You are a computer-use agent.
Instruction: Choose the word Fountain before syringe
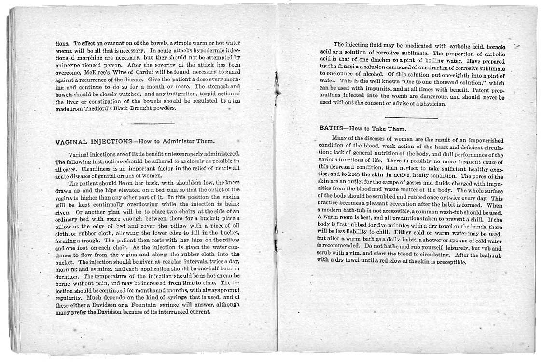tap(144, 304)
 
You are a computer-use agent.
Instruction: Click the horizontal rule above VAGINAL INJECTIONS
tap(147, 124)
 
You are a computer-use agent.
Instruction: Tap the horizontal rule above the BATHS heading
tap(411, 117)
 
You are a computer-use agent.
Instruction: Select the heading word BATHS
tap(331, 129)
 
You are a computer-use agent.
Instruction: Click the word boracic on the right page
tap(492, 45)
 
